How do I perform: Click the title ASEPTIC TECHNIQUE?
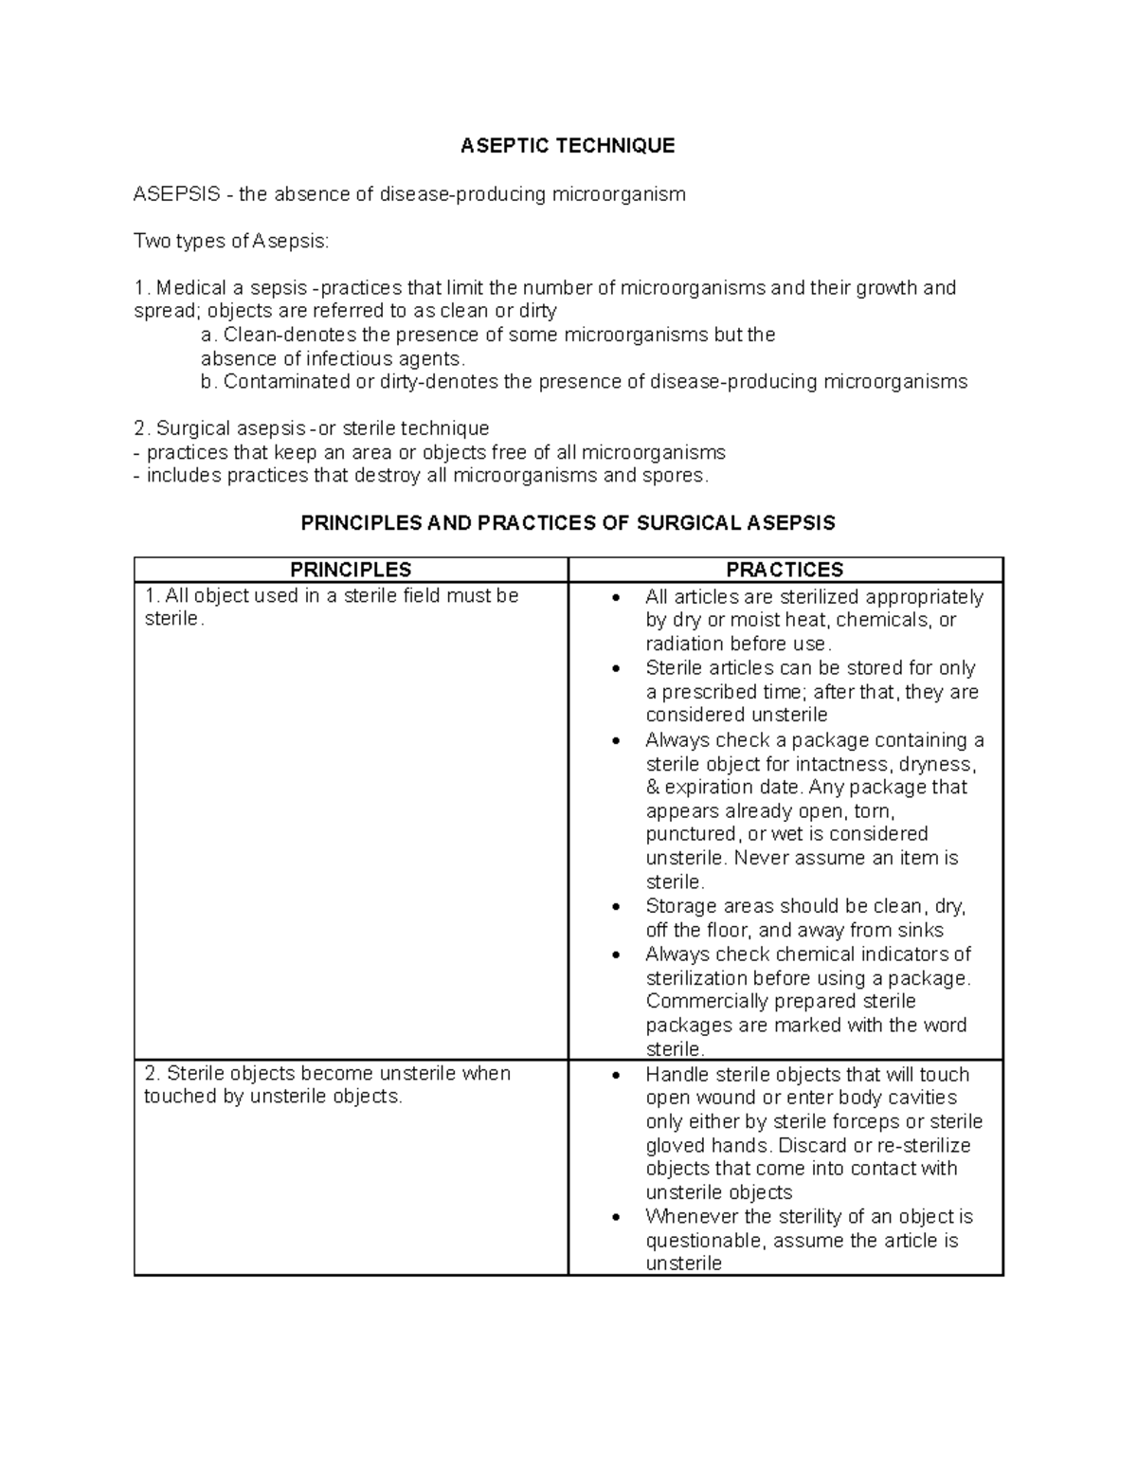[x=568, y=145]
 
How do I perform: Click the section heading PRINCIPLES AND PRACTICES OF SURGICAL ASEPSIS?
[x=568, y=522]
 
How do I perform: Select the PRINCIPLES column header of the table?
[x=351, y=570]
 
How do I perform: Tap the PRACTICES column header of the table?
[x=785, y=570]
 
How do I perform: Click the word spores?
[x=673, y=475]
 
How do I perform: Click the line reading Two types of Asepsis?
[x=231, y=241]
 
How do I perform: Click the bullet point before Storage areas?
[x=617, y=907]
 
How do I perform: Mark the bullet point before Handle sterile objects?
[x=617, y=1076]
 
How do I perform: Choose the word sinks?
[x=920, y=930]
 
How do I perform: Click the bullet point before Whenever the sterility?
[x=617, y=1218]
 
